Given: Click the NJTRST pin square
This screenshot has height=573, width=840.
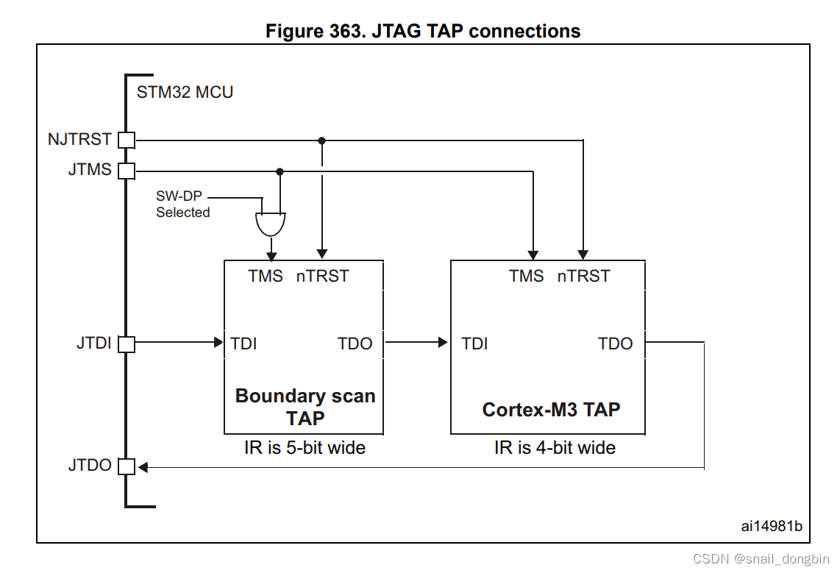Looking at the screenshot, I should [x=127, y=140].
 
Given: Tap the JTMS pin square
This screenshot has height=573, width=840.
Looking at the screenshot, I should [x=127, y=171].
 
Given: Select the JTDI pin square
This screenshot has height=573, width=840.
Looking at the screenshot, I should [x=127, y=344].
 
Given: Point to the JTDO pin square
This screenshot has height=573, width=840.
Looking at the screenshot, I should [x=127, y=466].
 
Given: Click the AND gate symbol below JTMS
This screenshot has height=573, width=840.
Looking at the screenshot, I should [x=271, y=223].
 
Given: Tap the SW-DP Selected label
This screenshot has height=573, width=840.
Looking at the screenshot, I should [x=182, y=204].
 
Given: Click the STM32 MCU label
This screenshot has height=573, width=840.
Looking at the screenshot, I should [x=185, y=93].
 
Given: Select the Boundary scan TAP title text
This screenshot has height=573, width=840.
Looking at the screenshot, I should [x=305, y=407].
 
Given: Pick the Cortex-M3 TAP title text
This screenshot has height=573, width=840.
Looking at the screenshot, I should [x=551, y=409].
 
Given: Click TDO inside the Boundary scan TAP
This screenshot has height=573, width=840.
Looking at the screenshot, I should [x=355, y=344].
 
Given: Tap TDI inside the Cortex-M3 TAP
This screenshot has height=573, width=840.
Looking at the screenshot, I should [x=474, y=344].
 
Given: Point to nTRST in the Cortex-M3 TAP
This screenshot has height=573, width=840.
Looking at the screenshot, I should [x=583, y=276].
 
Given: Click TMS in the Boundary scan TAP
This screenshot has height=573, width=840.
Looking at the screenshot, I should [x=266, y=276].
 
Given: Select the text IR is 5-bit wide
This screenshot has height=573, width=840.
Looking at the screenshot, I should [x=305, y=447].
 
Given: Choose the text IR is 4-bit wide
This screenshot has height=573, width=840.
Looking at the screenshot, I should [x=555, y=447].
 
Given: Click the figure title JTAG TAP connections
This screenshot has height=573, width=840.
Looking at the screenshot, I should [x=423, y=32].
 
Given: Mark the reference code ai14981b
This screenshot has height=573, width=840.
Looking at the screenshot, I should [x=771, y=526].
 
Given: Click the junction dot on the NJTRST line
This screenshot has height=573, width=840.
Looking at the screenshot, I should [x=321, y=140].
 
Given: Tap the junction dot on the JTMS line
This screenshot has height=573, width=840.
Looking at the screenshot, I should [x=279, y=171].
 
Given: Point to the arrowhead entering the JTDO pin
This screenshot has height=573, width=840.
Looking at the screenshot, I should [x=143, y=467].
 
